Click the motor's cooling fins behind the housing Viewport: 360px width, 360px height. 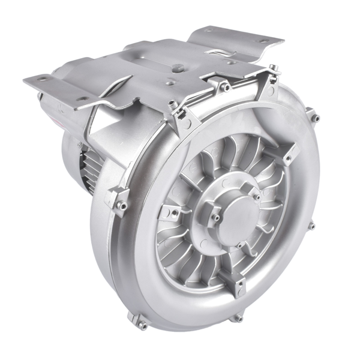(x=90, y=171)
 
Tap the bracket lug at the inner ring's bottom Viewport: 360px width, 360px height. (x=227, y=277)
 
